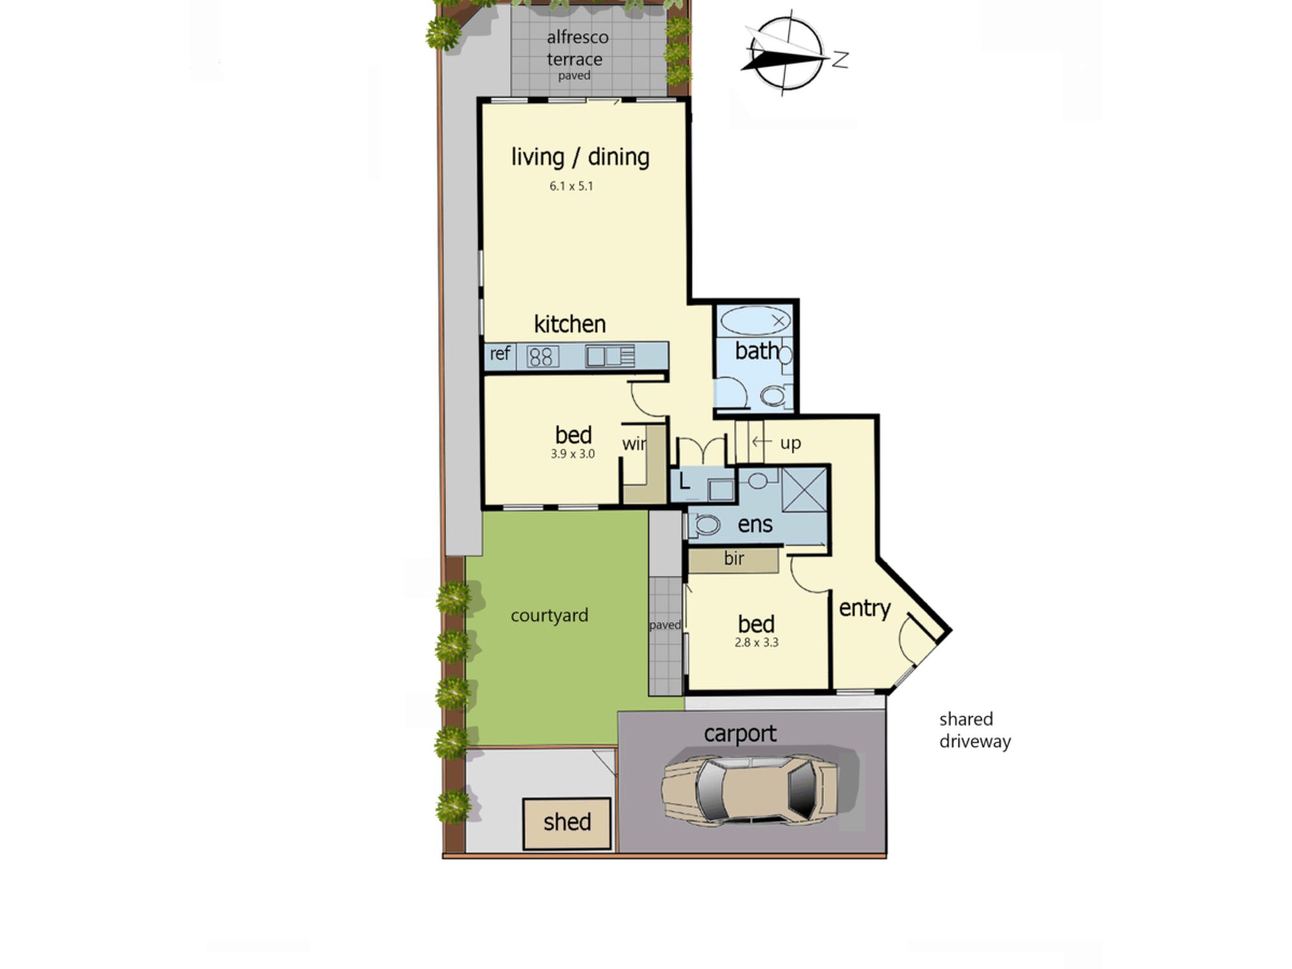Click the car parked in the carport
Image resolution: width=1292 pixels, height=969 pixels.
[750, 789]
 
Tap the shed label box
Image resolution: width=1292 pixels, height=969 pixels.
[567, 824]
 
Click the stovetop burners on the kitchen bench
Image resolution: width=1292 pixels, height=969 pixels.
[543, 357]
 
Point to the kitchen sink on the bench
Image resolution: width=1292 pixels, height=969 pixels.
[610, 357]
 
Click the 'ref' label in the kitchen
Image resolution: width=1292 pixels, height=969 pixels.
[499, 353]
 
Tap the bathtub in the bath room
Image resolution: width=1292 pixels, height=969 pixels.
[755, 320]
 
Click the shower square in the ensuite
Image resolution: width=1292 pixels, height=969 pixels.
[804, 489]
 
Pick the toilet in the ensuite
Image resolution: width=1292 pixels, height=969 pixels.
[704, 525]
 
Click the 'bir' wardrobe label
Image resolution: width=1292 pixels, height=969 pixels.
[734, 558]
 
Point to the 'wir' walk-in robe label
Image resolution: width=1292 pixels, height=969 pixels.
[634, 444]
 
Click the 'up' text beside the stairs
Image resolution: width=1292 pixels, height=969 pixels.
[791, 444]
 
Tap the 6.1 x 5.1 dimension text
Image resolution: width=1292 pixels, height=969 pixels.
[571, 186]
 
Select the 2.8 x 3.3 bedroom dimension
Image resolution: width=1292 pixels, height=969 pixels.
[756, 642]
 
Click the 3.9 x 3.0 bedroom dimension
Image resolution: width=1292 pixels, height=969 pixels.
[572, 453]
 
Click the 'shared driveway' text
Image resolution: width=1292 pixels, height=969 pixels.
[975, 730]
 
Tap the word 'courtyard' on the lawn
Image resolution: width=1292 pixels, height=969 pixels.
[549, 616]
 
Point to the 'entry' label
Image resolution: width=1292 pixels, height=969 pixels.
[864, 609]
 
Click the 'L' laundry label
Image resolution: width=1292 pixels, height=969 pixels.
[685, 482]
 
